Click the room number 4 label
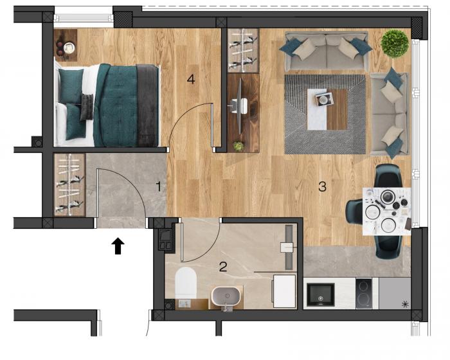pos(191,79)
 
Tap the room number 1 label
pos(159,187)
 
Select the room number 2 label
pos(222,267)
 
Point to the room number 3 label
pos(322,187)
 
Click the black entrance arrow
pos(118,246)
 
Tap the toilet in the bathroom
pos(186,283)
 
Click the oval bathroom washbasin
pos(226,296)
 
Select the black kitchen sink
pos(320,294)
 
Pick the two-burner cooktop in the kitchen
pos(364,293)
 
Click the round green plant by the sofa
pos(395,44)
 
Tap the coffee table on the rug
pos(327,109)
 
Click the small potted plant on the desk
pos(238,146)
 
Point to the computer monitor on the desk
pos(239,107)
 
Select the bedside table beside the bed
pos(66,45)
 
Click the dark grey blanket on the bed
pos(147,105)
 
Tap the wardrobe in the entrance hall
pos(69,185)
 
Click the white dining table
pos(386,212)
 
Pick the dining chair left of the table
pos(354,212)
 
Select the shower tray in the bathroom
pos(284,291)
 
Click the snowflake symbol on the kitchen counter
pos(405,304)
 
